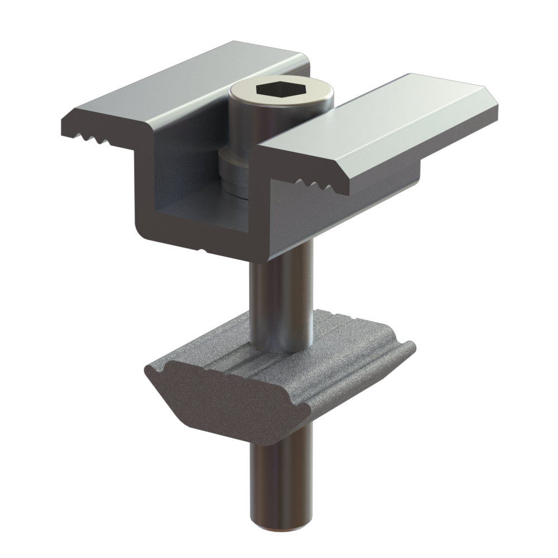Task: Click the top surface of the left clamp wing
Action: pyautogui.click(x=184, y=84)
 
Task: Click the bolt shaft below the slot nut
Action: pyautogui.click(x=276, y=480)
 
